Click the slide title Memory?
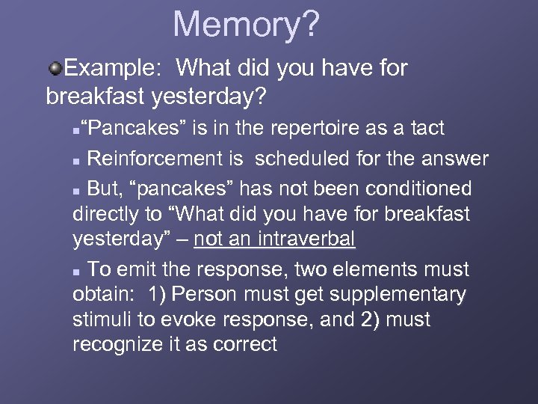(x=246, y=25)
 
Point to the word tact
(x=427, y=129)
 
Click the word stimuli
(x=102, y=319)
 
